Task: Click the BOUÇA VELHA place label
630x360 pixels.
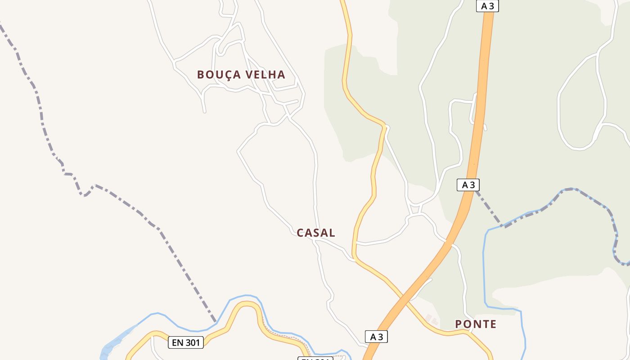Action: coord(241,75)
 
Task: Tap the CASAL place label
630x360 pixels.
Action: coord(316,233)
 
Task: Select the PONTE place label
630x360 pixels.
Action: coord(476,324)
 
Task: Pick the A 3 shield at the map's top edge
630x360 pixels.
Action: coord(487,6)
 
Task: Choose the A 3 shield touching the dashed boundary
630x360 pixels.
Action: coord(468,185)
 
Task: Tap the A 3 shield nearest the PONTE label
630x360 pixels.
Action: coord(376,337)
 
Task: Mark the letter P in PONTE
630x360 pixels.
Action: coord(459,324)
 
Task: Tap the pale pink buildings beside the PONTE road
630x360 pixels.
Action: coord(432,320)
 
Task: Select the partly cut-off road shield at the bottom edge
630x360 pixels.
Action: coord(315,358)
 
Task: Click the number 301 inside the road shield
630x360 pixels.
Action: coord(192,342)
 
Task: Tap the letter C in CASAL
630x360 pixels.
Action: coord(301,233)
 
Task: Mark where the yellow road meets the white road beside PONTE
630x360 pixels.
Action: coord(469,331)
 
